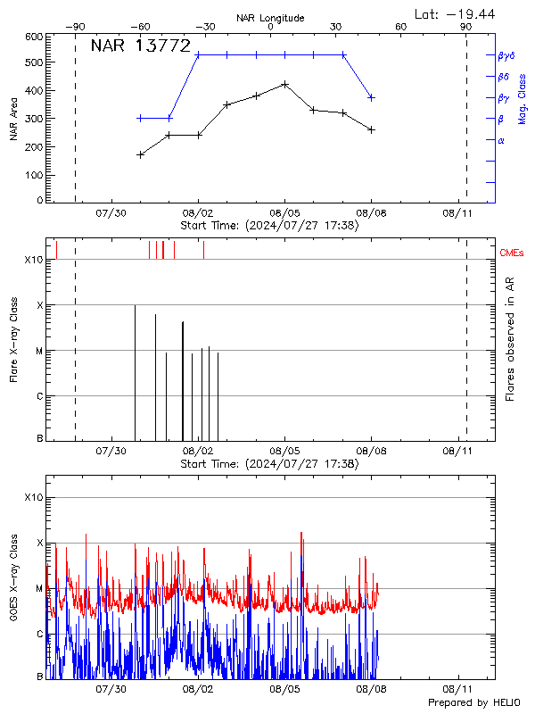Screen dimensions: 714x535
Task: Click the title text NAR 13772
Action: tap(141, 46)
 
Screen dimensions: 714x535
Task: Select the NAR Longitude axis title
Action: tap(270, 18)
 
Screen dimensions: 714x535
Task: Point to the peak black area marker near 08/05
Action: tap(284, 84)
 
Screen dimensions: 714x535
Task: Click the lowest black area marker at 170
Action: tap(140, 154)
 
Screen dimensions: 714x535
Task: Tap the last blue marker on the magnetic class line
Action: tap(371, 97)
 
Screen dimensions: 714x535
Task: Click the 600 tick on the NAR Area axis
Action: tap(34, 37)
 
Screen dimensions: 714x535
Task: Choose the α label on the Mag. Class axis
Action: tap(500, 140)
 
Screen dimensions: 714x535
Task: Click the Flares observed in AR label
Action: tap(510, 338)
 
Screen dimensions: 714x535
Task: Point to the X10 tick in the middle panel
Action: tap(33, 260)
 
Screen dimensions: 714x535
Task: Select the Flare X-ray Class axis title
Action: tap(13, 338)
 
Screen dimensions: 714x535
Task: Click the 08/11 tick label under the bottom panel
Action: tap(457, 689)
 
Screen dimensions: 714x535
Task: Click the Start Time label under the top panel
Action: tap(269, 226)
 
